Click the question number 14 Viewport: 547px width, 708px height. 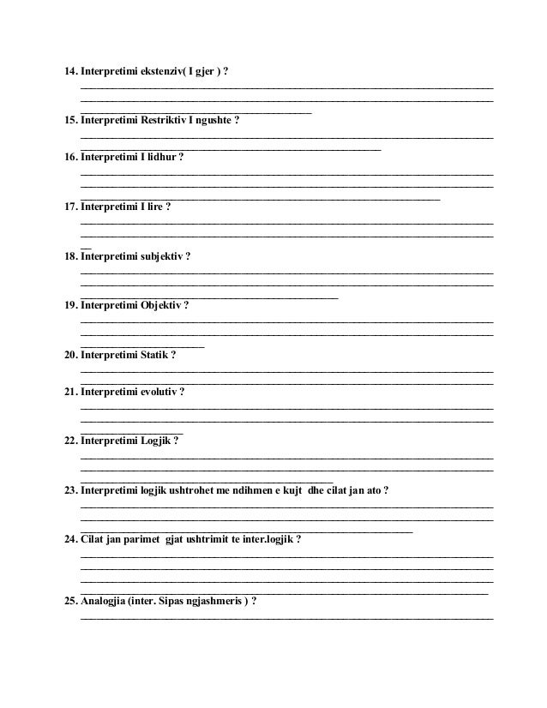pyautogui.click(x=71, y=70)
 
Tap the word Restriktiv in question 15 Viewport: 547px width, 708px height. pyautogui.click(x=163, y=120)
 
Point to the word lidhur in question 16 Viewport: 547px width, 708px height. pyautogui.click(x=160, y=158)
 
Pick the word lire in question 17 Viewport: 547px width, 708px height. pyautogui.click(x=154, y=207)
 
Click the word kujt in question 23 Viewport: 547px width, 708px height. pyautogui.click(x=300, y=490)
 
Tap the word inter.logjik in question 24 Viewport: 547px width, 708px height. pyautogui.click(x=267, y=540)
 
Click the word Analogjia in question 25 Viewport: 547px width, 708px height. pyautogui.click(x=102, y=602)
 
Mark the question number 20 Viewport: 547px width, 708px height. pyautogui.click(x=71, y=355)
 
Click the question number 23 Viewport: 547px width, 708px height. pyautogui.click(x=71, y=490)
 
